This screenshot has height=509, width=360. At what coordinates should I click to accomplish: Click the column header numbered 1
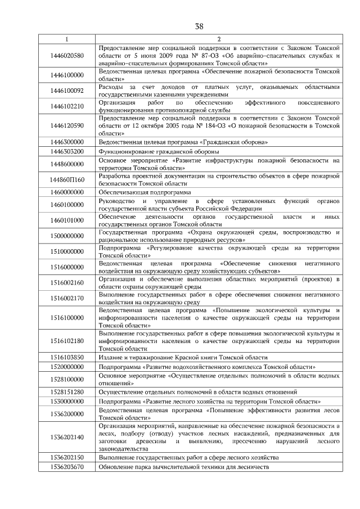pyautogui.click(x=66, y=39)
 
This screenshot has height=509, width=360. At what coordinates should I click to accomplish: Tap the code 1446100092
pyautogui.click(x=66, y=91)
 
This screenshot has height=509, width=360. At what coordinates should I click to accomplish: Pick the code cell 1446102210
pyautogui.click(x=66, y=106)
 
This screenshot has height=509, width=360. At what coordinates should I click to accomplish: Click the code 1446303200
pyautogui.click(x=66, y=152)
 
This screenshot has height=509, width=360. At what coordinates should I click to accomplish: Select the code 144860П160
pyautogui.click(x=66, y=179)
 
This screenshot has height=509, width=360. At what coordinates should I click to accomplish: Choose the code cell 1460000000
pyautogui.click(x=66, y=192)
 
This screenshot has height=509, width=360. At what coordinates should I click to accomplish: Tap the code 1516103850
pyautogui.click(x=66, y=357)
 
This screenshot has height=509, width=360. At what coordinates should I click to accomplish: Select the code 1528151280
pyautogui.click(x=66, y=392)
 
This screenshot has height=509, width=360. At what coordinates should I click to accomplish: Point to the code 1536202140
pyautogui.click(x=66, y=436)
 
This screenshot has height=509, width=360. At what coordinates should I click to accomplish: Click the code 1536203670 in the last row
pyautogui.click(x=66, y=467)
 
